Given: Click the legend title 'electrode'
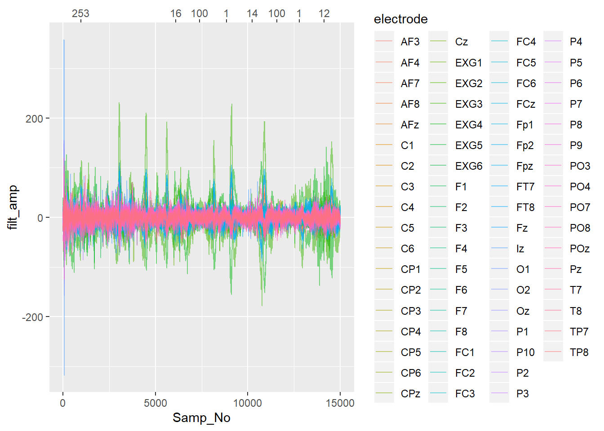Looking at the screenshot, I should coord(400,19).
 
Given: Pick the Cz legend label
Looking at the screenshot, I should coord(461,42).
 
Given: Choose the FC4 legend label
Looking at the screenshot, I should coord(526,42).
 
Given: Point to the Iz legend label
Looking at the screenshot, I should coord(520,249).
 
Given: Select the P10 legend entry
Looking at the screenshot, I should coord(525,352).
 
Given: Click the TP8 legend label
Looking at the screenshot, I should coord(579,352).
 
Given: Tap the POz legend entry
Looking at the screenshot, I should coord(579,249).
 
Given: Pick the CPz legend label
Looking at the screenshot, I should coord(410,394).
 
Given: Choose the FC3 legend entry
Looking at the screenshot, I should coord(465,394).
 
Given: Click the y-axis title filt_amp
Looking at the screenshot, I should coord(13,207).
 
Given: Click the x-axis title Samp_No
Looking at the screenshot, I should coord(201,418).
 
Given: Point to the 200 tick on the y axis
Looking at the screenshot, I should coord(34,119).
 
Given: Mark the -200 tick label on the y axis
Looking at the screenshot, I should coord(32,317).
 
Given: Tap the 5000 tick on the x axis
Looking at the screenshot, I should coord(155,403).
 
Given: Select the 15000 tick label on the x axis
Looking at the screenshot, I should coord(340,403).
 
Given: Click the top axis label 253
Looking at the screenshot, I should coord(81,13).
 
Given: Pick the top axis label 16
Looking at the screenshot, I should coord(176,13).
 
